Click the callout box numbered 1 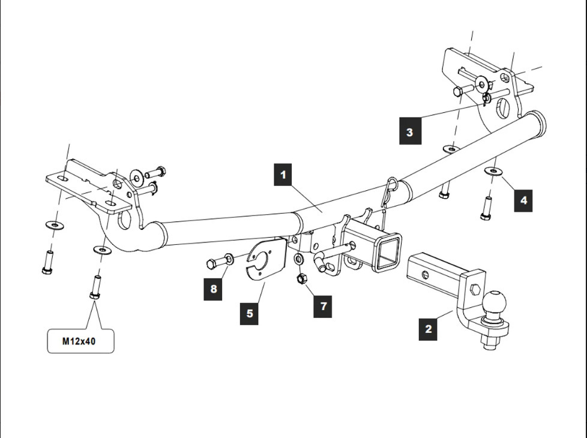pos(283,175)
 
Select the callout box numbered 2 pos(429,329)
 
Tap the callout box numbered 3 pos(410,132)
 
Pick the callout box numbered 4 pos(523,200)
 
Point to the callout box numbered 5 pos(250,313)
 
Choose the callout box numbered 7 pos(323,306)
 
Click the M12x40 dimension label pos(80,341)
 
